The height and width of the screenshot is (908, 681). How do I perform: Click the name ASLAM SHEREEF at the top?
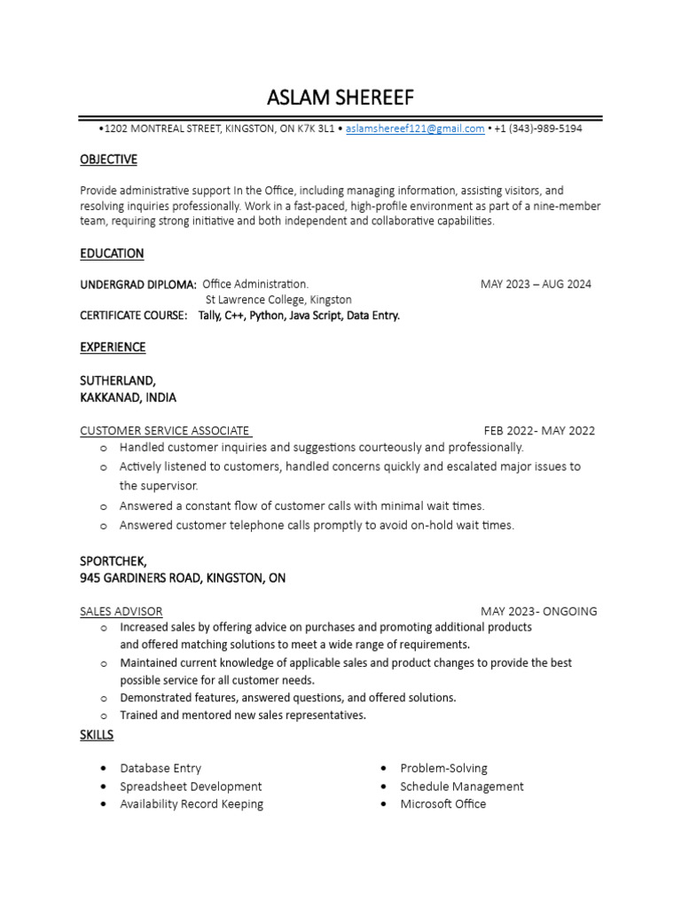coord(340,97)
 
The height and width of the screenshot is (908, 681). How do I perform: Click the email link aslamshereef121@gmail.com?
coord(415,129)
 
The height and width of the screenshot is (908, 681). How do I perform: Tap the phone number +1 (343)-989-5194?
coord(538,129)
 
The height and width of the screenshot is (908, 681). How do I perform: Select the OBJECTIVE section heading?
coord(108,160)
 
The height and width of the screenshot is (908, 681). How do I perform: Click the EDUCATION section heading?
coord(112,254)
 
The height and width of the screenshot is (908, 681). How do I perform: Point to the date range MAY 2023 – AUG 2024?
coord(536,285)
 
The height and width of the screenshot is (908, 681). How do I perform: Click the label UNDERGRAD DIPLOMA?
coord(138,285)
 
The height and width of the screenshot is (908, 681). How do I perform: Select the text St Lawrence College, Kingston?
coord(278,300)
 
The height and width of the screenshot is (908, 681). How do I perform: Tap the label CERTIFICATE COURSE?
coord(134,315)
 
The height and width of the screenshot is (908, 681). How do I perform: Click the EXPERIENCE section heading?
coord(113,347)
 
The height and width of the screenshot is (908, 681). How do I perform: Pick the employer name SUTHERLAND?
coord(118,380)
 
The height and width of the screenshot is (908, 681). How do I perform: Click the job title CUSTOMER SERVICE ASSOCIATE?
coord(165,431)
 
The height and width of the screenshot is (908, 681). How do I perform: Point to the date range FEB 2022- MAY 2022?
coord(539,431)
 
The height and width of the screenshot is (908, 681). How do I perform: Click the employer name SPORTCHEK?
coord(113,561)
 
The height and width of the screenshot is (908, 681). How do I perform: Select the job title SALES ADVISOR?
coord(121,611)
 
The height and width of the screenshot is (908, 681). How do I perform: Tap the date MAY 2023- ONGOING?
coord(539,611)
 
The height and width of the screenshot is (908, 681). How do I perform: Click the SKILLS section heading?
coord(97,735)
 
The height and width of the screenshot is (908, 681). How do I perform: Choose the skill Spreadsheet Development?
coord(191,787)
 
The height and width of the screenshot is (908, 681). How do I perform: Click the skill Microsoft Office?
coord(442,804)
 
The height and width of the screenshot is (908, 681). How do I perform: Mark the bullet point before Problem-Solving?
coord(383,769)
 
